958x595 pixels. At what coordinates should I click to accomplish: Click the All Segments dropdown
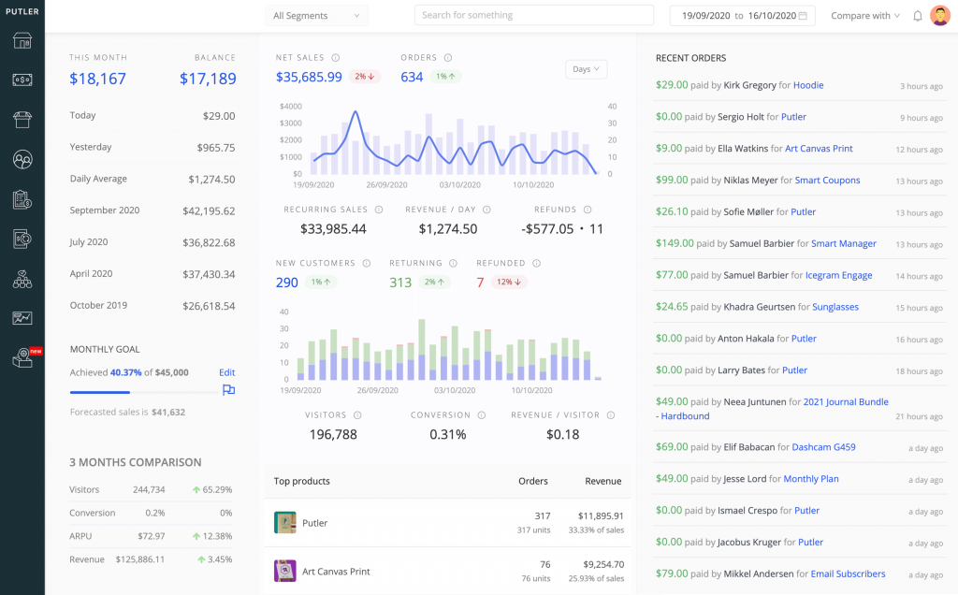click(x=316, y=16)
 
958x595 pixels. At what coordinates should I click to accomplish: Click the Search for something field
click(x=533, y=16)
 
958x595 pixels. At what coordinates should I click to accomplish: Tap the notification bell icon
click(x=918, y=16)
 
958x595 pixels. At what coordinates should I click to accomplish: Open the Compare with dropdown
click(x=865, y=16)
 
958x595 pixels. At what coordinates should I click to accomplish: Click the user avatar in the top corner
click(x=939, y=16)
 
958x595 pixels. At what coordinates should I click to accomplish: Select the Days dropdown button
click(x=587, y=69)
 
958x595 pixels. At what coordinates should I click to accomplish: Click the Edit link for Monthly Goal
click(x=226, y=372)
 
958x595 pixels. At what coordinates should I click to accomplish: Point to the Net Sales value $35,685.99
click(x=309, y=77)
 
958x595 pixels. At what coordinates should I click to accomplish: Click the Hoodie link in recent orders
click(x=808, y=85)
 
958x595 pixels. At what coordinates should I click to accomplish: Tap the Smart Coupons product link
click(x=828, y=181)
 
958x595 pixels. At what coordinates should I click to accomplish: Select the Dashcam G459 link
click(x=823, y=447)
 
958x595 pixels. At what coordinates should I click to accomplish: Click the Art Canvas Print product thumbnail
click(x=284, y=571)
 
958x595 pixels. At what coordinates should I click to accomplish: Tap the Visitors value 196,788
click(x=333, y=434)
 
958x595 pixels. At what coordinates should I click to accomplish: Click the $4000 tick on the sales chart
click(x=290, y=107)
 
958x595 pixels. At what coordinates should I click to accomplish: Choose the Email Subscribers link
click(x=848, y=573)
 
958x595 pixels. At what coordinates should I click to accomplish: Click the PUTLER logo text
click(x=22, y=11)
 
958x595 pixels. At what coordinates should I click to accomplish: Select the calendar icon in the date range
click(x=803, y=16)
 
